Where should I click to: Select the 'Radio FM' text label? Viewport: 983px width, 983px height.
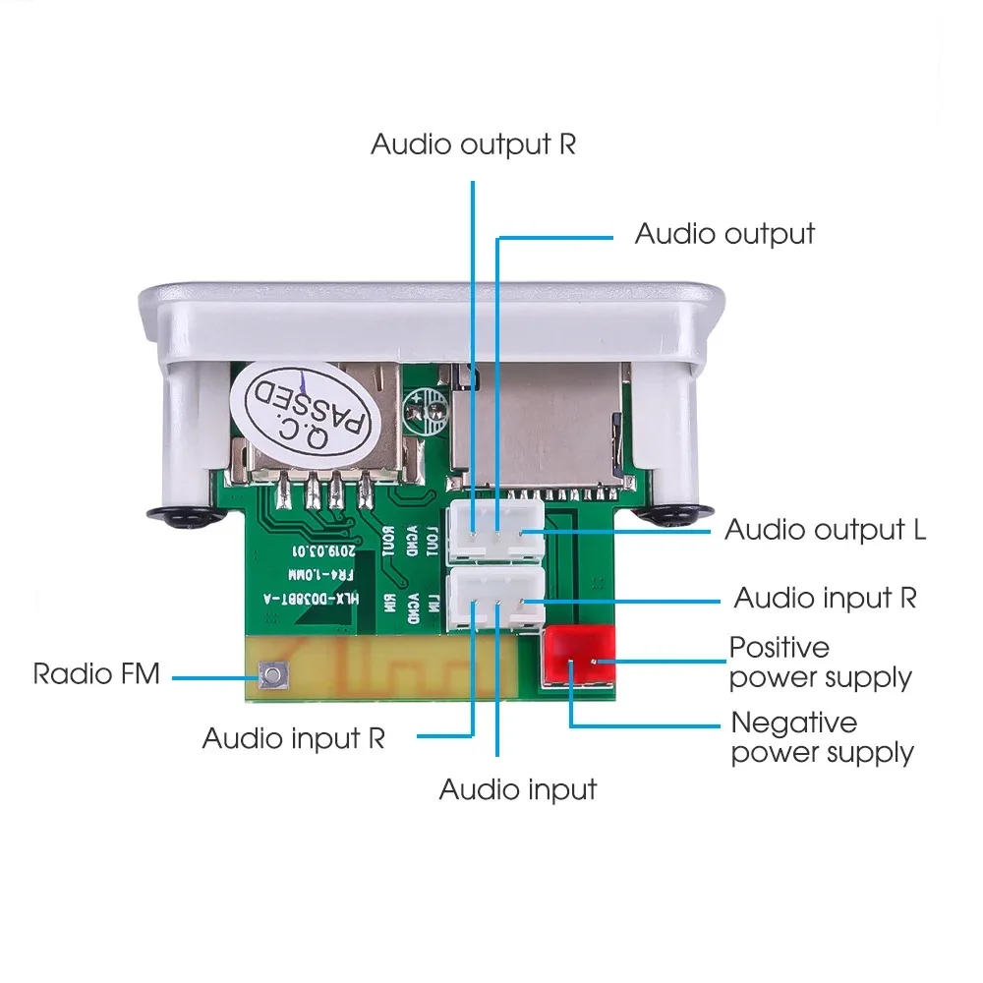pos(96,674)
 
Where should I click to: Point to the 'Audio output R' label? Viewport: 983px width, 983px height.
pos(473,145)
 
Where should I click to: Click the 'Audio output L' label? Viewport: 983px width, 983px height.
pos(825,530)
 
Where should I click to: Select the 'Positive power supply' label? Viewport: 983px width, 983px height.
pos(820,663)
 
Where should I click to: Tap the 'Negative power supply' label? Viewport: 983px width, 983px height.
pos(822,737)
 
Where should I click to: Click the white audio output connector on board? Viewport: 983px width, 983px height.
pos(496,532)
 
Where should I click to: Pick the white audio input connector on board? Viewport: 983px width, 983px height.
pos(496,601)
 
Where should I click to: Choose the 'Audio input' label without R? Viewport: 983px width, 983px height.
pos(517,789)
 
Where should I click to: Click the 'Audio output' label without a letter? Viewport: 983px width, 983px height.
pos(724,234)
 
